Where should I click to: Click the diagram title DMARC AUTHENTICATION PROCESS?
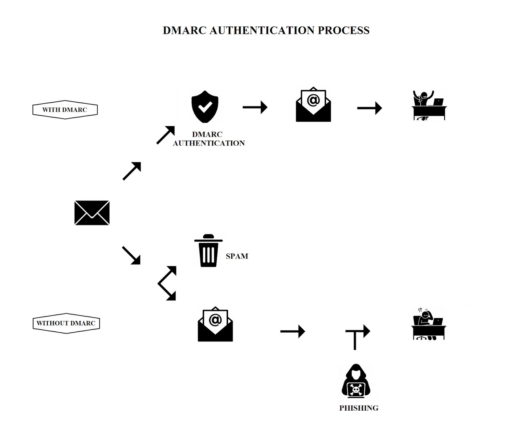tap(266, 30)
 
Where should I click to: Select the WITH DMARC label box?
tap(65, 110)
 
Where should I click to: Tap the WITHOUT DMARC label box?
tap(66, 323)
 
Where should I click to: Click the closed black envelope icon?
tap(92, 213)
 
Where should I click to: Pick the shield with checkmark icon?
tap(205, 107)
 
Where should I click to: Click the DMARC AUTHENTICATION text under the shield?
tap(208, 139)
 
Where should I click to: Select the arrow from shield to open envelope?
tap(255, 107)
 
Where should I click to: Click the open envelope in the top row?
tap(313, 105)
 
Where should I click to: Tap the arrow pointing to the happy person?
tap(369, 108)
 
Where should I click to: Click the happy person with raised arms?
tap(429, 105)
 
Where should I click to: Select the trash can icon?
tap(208, 250)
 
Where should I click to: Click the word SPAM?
tap(237, 256)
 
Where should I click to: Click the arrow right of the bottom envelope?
tap(293, 331)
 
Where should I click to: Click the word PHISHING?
tap(359, 408)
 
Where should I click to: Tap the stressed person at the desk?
tap(428, 324)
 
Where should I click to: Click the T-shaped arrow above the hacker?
tap(357, 336)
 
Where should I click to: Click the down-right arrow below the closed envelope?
tap(131, 255)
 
